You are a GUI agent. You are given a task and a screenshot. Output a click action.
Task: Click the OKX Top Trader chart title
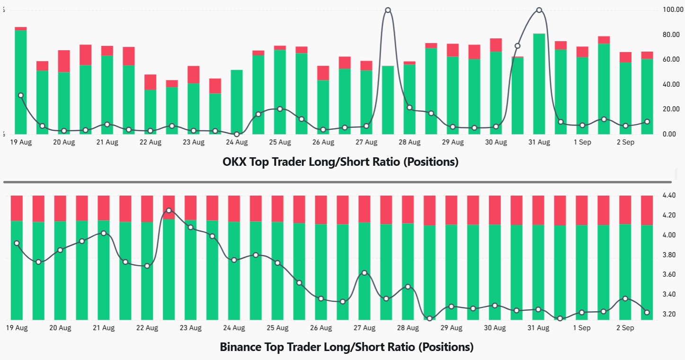click(x=340, y=162)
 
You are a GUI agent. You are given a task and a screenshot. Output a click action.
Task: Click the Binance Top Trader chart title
click(x=347, y=347)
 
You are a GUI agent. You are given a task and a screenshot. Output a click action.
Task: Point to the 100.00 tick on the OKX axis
click(x=672, y=10)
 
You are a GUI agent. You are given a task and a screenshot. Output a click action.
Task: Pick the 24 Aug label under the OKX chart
click(x=236, y=142)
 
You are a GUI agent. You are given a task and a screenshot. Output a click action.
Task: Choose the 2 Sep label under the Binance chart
click(x=624, y=328)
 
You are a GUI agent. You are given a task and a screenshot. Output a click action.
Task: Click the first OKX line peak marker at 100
click(x=388, y=10)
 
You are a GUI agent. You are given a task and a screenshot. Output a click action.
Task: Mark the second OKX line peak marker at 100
click(x=539, y=10)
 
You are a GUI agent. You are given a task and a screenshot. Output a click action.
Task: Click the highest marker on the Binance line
click(x=169, y=210)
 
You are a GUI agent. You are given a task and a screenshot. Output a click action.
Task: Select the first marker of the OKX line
click(x=20, y=95)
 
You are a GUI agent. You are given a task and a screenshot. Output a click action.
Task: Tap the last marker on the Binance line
click(x=647, y=312)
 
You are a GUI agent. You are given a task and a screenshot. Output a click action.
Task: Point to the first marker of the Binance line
click(x=17, y=243)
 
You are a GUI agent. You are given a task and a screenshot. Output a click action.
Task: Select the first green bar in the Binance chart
click(x=17, y=270)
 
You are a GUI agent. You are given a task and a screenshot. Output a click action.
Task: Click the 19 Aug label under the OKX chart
click(x=20, y=142)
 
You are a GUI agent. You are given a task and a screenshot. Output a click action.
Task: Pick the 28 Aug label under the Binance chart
click(x=408, y=328)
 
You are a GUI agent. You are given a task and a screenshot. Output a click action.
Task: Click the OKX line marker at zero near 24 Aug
click(x=237, y=134)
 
